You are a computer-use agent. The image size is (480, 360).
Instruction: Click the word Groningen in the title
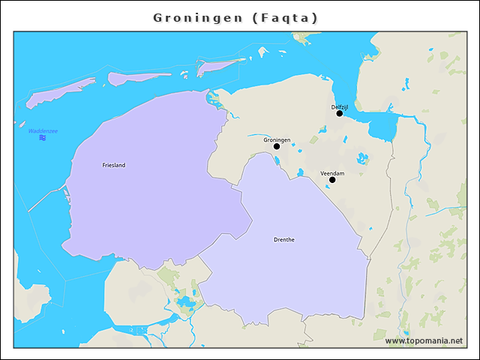tap(198, 17)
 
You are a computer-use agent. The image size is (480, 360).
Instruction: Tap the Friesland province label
tap(114, 165)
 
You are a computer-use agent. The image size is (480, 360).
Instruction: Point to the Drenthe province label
tap(284, 240)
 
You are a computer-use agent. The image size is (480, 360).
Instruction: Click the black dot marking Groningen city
tap(277, 146)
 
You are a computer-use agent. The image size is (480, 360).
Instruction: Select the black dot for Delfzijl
tap(340, 113)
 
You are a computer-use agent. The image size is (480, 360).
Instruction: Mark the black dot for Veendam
tap(332, 180)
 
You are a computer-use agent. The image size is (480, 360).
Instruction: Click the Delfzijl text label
tap(340, 106)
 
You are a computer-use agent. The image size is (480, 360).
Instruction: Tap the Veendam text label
tap(332, 173)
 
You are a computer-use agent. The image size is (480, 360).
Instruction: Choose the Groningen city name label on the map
tap(277, 139)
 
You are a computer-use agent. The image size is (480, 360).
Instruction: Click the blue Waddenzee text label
tap(43, 130)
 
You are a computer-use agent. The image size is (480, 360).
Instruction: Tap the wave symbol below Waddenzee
tap(43, 138)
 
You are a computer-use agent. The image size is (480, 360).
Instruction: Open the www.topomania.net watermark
tap(424, 340)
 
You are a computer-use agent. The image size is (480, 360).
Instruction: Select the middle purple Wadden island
tap(139, 77)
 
